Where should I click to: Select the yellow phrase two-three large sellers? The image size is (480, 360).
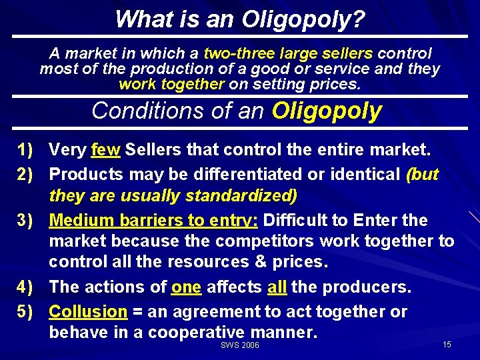tap(289, 53)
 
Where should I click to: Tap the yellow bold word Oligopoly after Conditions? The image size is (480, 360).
tap(327, 111)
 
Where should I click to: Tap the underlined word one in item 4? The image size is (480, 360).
tap(186, 287)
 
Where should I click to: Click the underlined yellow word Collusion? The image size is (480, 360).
tap(88, 311)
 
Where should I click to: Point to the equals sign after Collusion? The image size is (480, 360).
tap(138, 312)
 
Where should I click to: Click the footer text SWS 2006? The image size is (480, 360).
tap(239, 345)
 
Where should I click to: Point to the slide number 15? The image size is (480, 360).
tap(447, 345)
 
